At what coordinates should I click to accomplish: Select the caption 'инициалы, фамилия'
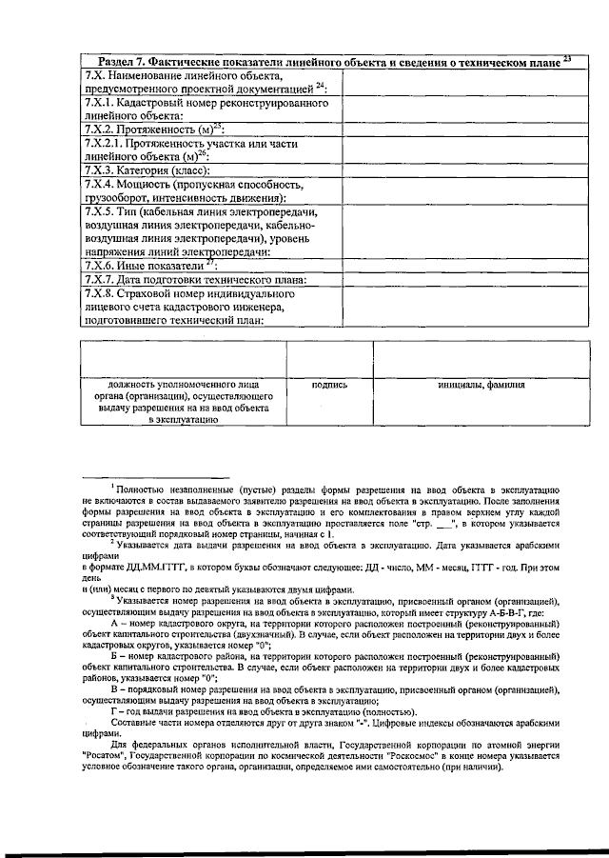(481, 385)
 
